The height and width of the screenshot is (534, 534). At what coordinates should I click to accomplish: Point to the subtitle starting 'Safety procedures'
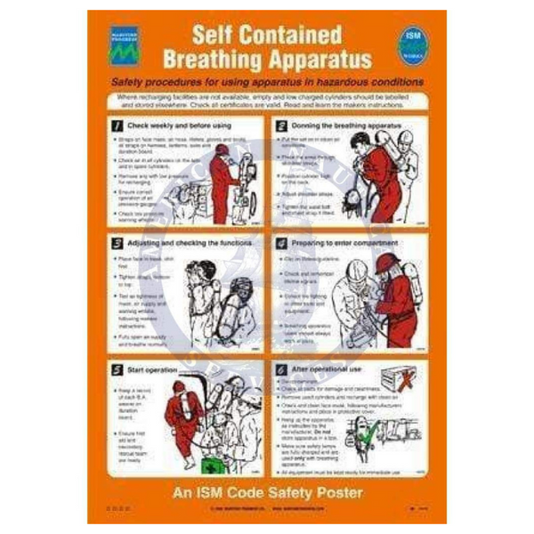point(267,82)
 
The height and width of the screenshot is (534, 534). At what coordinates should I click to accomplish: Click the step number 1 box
point(116,126)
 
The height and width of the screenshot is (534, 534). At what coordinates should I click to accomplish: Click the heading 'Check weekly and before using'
point(178,126)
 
